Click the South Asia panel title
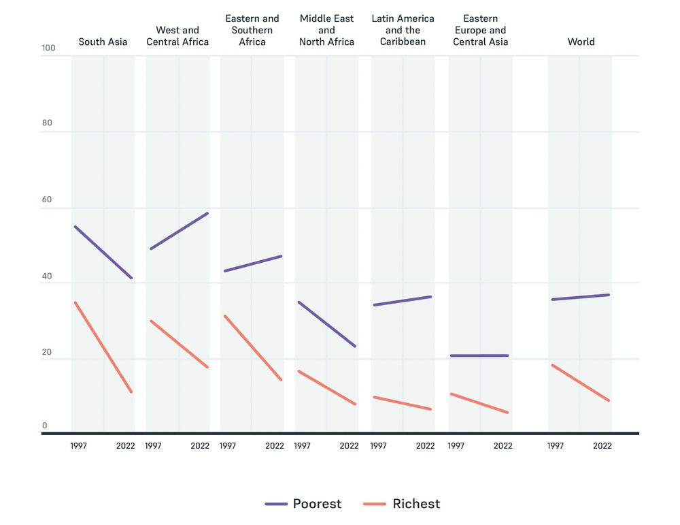pos(103,42)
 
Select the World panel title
pos(581,42)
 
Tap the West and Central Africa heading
pos(177,36)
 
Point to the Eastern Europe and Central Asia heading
pos(480,30)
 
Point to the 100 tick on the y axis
pos(48,48)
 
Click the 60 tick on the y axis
pos(46,200)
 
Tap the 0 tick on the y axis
pos(45,426)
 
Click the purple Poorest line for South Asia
pos(103,253)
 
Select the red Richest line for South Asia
pos(103,347)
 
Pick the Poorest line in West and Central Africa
pos(179,231)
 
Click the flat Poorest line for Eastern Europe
pos(479,355)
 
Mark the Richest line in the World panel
pos(580,383)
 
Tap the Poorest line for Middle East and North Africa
pos(326,324)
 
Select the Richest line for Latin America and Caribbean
pos(402,403)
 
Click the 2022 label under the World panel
pos(602,446)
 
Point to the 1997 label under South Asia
pos(79,446)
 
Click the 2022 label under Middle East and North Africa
pos(349,446)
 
